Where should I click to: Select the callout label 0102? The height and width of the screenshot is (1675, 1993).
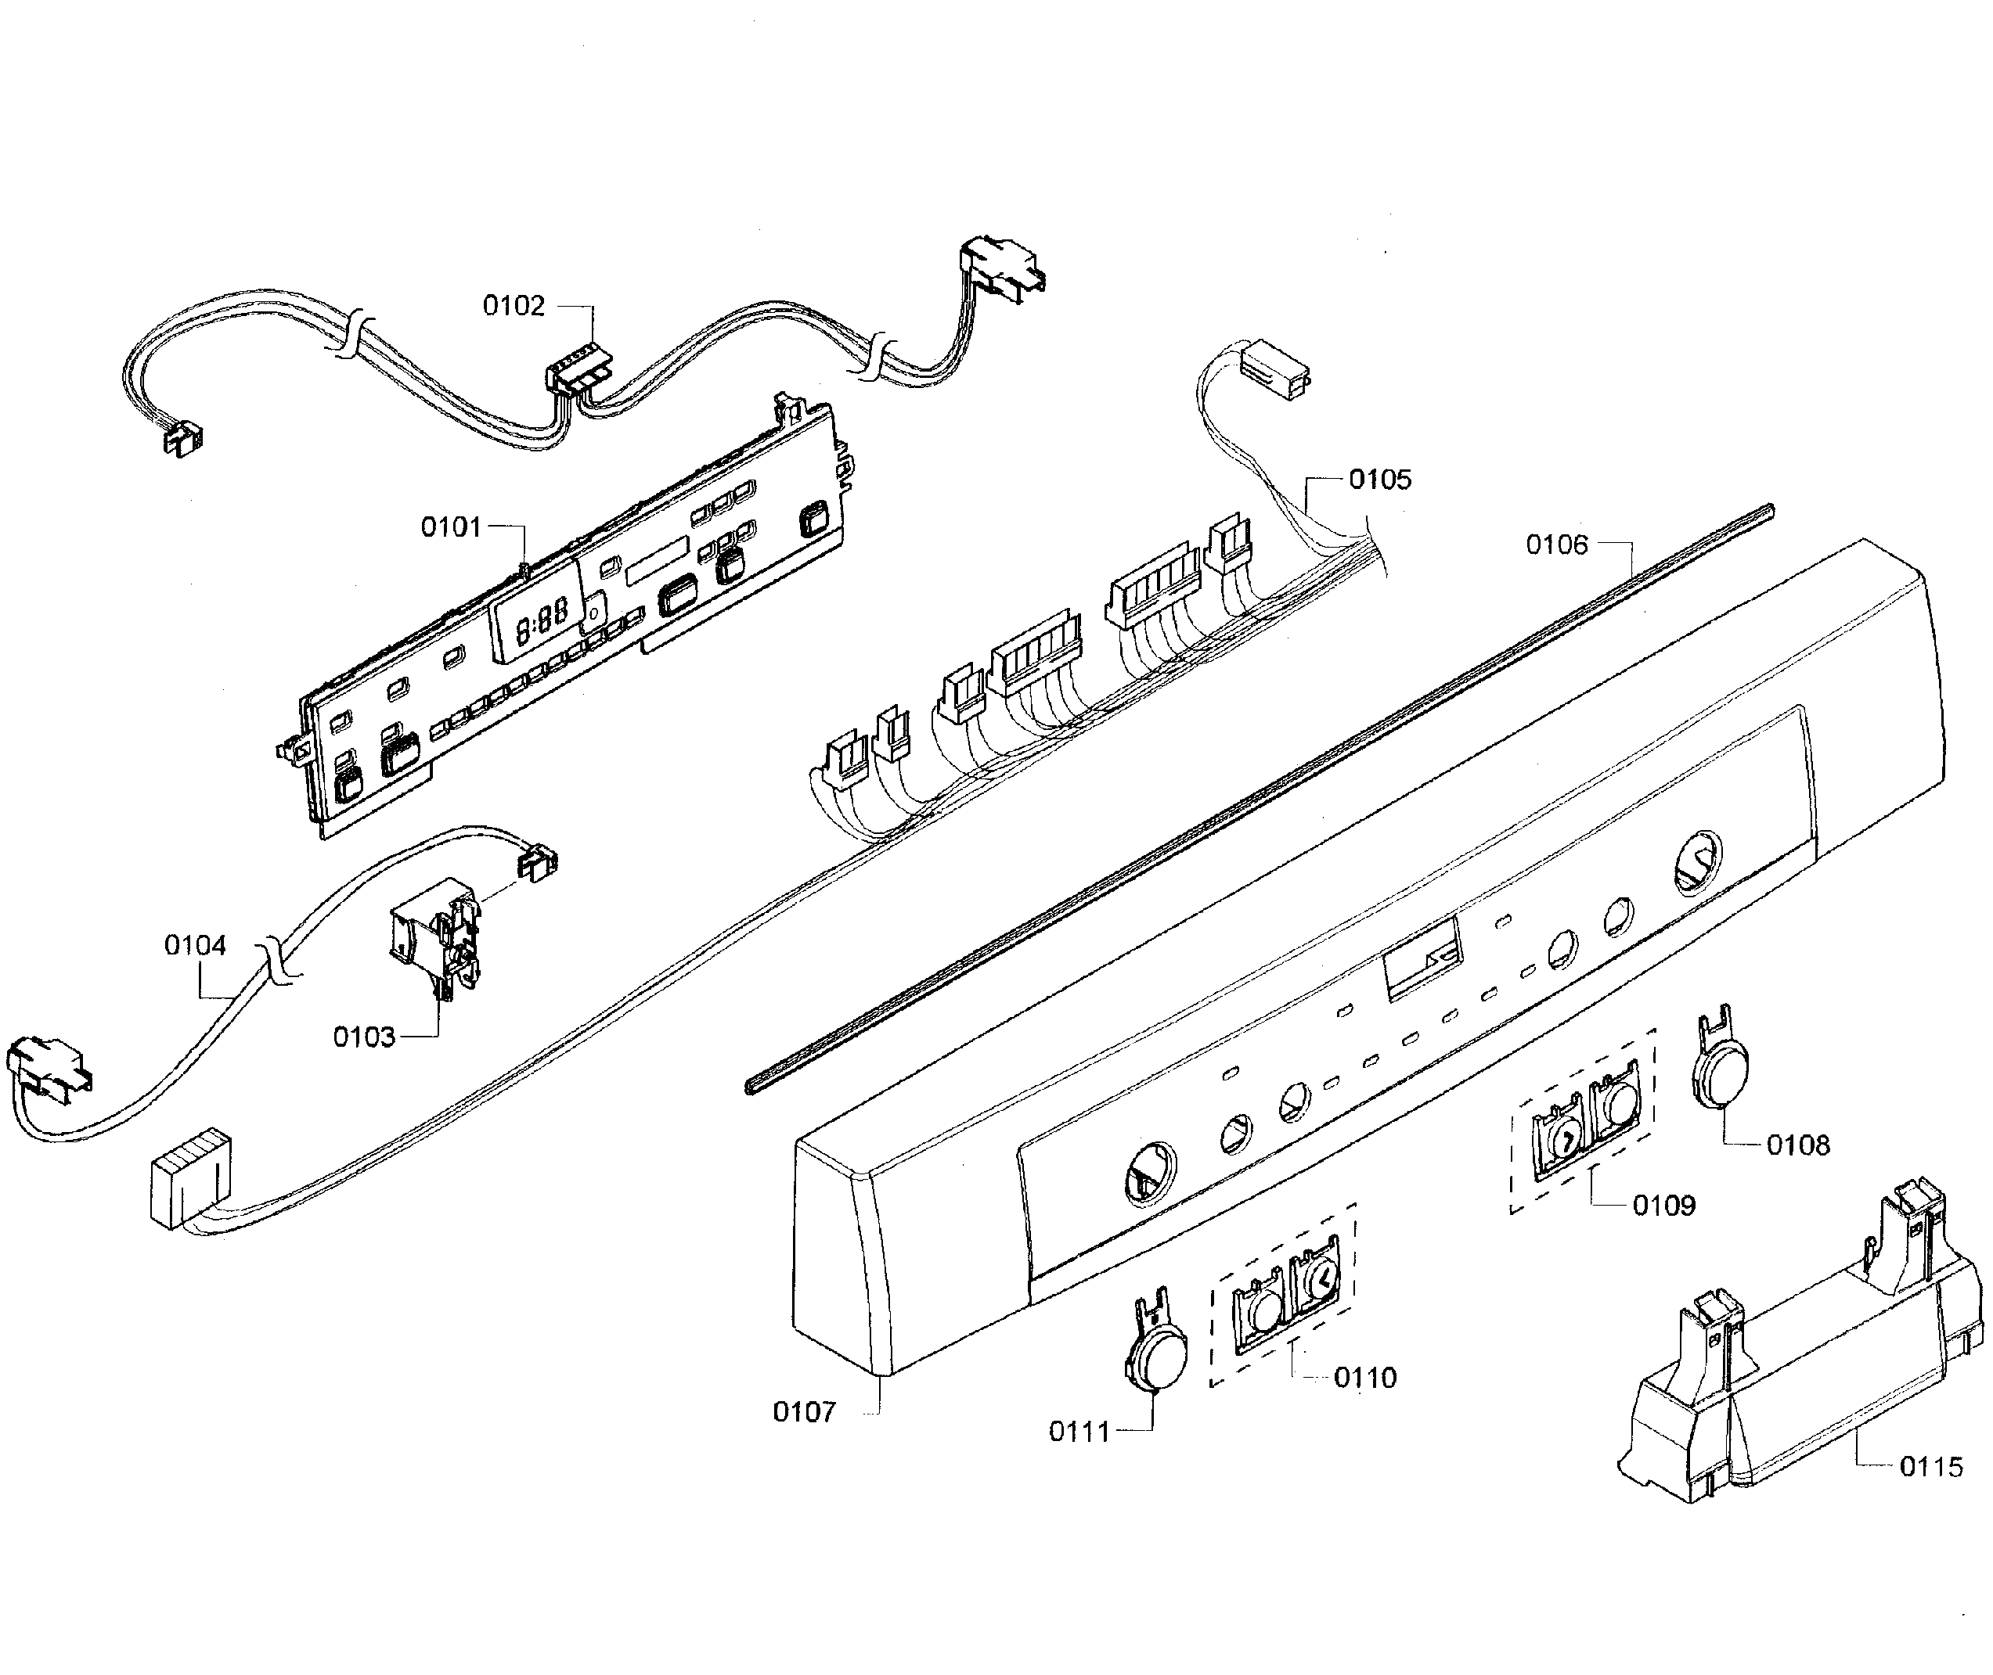pyautogui.click(x=514, y=306)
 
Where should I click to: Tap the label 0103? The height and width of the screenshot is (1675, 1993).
pyautogui.click(x=364, y=1037)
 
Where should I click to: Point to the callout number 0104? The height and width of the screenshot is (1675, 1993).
pyautogui.click(x=196, y=945)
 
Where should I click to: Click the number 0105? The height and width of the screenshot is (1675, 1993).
pyautogui.click(x=1380, y=480)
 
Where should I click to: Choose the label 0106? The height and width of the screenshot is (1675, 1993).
pyautogui.click(x=1557, y=545)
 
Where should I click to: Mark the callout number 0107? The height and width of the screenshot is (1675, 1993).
pyautogui.click(x=805, y=1412)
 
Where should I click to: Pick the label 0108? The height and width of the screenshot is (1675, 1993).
pyautogui.click(x=1798, y=1145)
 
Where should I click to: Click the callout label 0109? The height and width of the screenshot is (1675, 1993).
pyautogui.click(x=1664, y=1206)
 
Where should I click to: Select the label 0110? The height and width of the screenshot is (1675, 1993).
pyautogui.click(x=1365, y=1378)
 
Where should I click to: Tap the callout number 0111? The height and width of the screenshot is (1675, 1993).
pyautogui.click(x=1079, y=1432)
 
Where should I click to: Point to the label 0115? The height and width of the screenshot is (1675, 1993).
pyautogui.click(x=1931, y=1467)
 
